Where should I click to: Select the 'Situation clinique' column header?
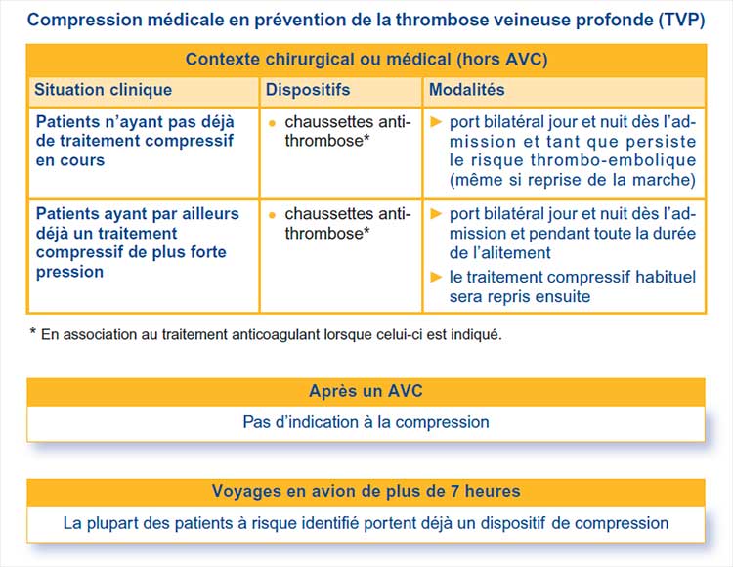tap(103, 90)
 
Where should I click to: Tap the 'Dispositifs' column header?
tap(307, 90)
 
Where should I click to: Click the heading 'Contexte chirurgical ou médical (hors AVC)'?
tap(366, 60)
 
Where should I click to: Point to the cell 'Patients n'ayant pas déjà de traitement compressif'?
tap(135, 141)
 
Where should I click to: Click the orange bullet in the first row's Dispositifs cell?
tap(272, 123)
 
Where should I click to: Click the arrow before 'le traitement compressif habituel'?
tap(437, 277)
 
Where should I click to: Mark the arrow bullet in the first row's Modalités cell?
tap(437, 123)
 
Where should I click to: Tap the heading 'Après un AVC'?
tap(366, 392)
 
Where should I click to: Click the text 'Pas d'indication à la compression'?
tap(366, 422)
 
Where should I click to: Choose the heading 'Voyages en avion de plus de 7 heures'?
tap(366, 491)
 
